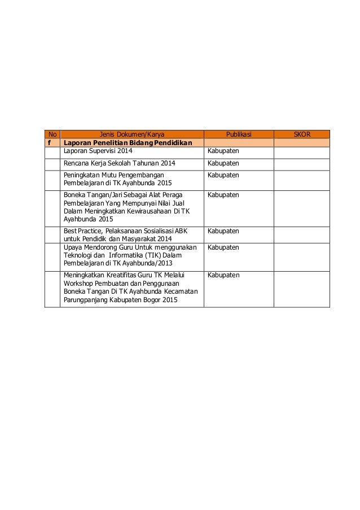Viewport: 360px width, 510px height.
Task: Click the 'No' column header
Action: coord(52,134)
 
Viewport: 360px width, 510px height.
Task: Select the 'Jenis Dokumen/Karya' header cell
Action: coord(132,134)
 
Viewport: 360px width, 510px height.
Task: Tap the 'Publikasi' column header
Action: coord(239,134)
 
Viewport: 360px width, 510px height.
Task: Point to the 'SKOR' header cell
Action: coord(302,134)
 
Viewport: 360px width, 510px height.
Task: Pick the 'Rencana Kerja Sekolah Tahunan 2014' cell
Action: coord(119,164)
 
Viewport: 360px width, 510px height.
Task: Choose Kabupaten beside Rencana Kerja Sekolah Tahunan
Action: coord(223,164)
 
